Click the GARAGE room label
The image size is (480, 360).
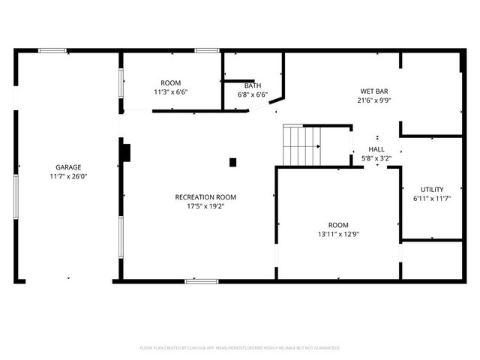point(68,167)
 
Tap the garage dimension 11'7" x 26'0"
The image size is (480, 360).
point(68,176)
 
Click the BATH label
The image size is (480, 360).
point(252,85)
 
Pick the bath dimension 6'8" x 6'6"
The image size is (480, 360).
point(252,94)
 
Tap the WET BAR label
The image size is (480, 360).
point(375,91)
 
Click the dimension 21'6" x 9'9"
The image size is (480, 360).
point(375,100)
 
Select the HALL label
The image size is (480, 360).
point(376,149)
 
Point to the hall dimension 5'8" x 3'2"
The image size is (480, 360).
point(376,158)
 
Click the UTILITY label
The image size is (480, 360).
point(432,189)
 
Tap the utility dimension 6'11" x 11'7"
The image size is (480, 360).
point(432,198)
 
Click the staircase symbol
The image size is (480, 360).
point(301,145)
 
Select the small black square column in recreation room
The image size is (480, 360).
point(232,162)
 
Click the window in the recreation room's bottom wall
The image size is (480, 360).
point(202,281)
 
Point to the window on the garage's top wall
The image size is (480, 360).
point(52,50)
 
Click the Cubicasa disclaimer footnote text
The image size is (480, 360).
point(240,348)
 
